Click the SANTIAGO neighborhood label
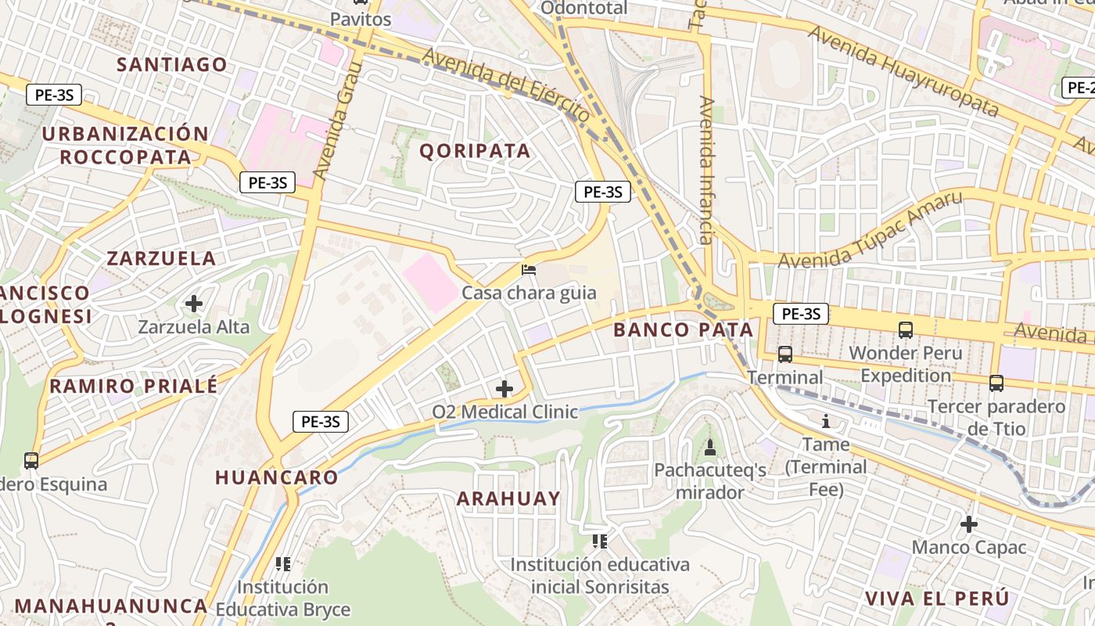[172, 64]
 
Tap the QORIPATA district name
[475, 150]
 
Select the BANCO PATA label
[683, 329]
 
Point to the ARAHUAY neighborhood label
[508, 498]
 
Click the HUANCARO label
[276, 477]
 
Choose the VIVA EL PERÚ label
[936, 599]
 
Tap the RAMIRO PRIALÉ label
[134, 386]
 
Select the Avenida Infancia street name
[706, 171]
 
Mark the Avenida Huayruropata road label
[903, 70]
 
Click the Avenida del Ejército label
[506, 85]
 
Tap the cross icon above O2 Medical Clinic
[504, 388]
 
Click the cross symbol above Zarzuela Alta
[194, 303]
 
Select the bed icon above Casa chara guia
[529, 270]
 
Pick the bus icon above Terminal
[785, 354]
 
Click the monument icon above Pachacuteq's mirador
[710, 447]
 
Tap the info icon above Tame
[826, 421]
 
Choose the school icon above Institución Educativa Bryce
[283, 563]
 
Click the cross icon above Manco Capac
[969, 524]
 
